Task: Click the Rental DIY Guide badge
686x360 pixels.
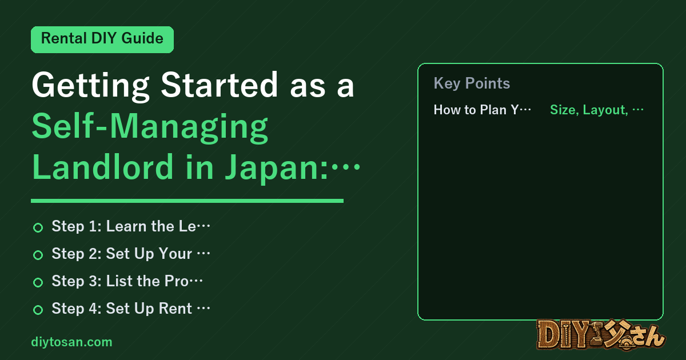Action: [x=102, y=39]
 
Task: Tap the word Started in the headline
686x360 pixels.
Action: [x=220, y=85]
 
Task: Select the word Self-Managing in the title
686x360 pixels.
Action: [x=150, y=127]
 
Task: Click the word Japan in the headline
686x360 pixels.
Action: [x=273, y=169]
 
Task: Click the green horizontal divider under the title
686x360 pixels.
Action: [x=187, y=201]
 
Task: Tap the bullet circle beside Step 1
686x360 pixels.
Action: [x=38, y=227]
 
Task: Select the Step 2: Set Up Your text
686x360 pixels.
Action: [x=131, y=254]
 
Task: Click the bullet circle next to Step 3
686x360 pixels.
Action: [x=38, y=282]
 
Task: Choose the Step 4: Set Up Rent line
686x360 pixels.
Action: [x=131, y=309]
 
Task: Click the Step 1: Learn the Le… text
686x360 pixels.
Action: [x=131, y=226]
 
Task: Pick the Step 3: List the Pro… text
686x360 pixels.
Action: [x=127, y=281]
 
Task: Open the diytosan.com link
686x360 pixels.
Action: [x=71, y=342]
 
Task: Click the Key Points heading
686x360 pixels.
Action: [x=472, y=83]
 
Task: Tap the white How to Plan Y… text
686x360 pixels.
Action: [x=482, y=110]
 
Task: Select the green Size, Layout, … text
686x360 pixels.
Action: [x=597, y=110]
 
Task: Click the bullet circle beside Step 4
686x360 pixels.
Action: [x=38, y=310]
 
